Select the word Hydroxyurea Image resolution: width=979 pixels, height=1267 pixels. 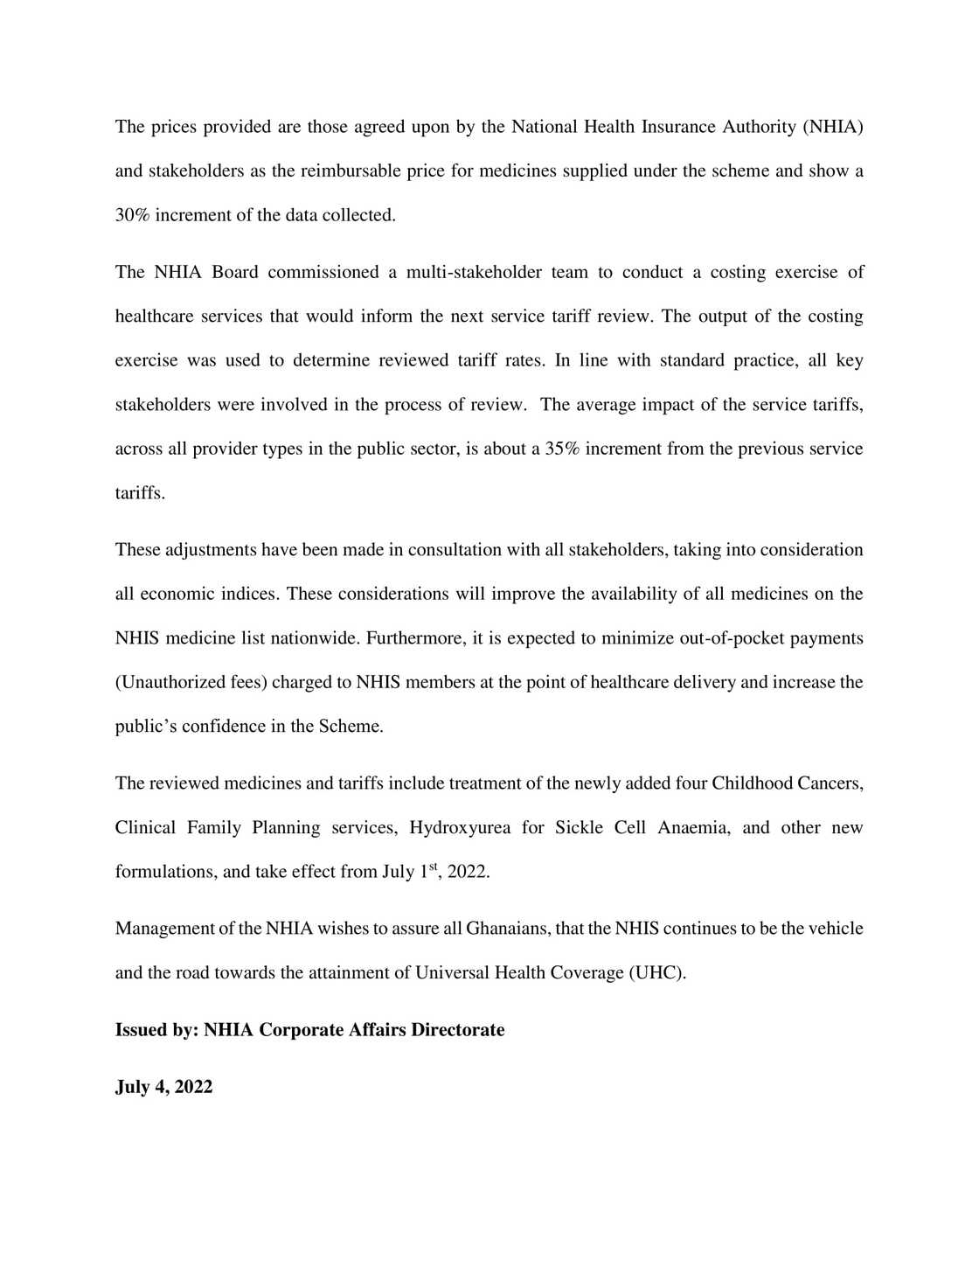(x=460, y=827)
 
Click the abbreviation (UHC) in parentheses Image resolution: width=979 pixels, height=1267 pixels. (x=656, y=972)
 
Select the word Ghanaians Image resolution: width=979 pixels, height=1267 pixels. (x=508, y=929)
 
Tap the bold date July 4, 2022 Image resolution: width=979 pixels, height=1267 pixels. (x=164, y=1087)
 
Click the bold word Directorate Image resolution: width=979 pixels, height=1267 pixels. (x=458, y=1030)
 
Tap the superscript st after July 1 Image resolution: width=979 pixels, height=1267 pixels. (x=433, y=867)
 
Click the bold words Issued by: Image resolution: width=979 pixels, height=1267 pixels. (x=157, y=1030)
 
